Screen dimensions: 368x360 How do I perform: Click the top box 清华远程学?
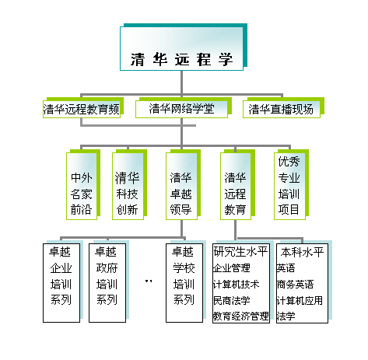click(x=181, y=48)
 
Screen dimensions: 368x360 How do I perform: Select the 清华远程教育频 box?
click(x=82, y=109)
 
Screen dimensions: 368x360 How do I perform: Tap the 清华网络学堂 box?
click(x=181, y=109)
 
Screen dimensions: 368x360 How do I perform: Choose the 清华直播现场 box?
click(x=282, y=109)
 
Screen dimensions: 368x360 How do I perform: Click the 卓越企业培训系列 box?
click(x=61, y=283)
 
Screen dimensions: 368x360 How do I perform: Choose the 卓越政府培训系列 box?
click(x=107, y=283)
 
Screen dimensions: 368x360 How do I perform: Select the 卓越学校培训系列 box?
click(x=184, y=283)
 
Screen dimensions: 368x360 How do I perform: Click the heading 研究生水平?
click(x=240, y=252)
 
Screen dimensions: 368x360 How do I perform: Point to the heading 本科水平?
click(x=302, y=252)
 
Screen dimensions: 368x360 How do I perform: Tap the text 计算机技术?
click(x=236, y=285)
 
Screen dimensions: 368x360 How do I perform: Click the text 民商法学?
click(x=232, y=300)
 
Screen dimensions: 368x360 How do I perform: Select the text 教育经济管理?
click(x=241, y=316)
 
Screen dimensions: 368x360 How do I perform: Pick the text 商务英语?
click(x=296, y=285)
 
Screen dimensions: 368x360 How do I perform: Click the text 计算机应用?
click(x=300, y=300)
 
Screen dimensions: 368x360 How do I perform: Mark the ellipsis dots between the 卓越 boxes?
click(x=149, y=281)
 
